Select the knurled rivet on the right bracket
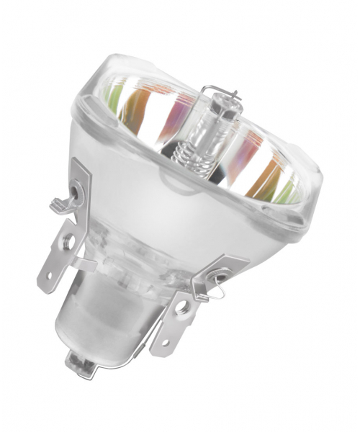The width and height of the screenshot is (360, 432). (216, 277)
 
